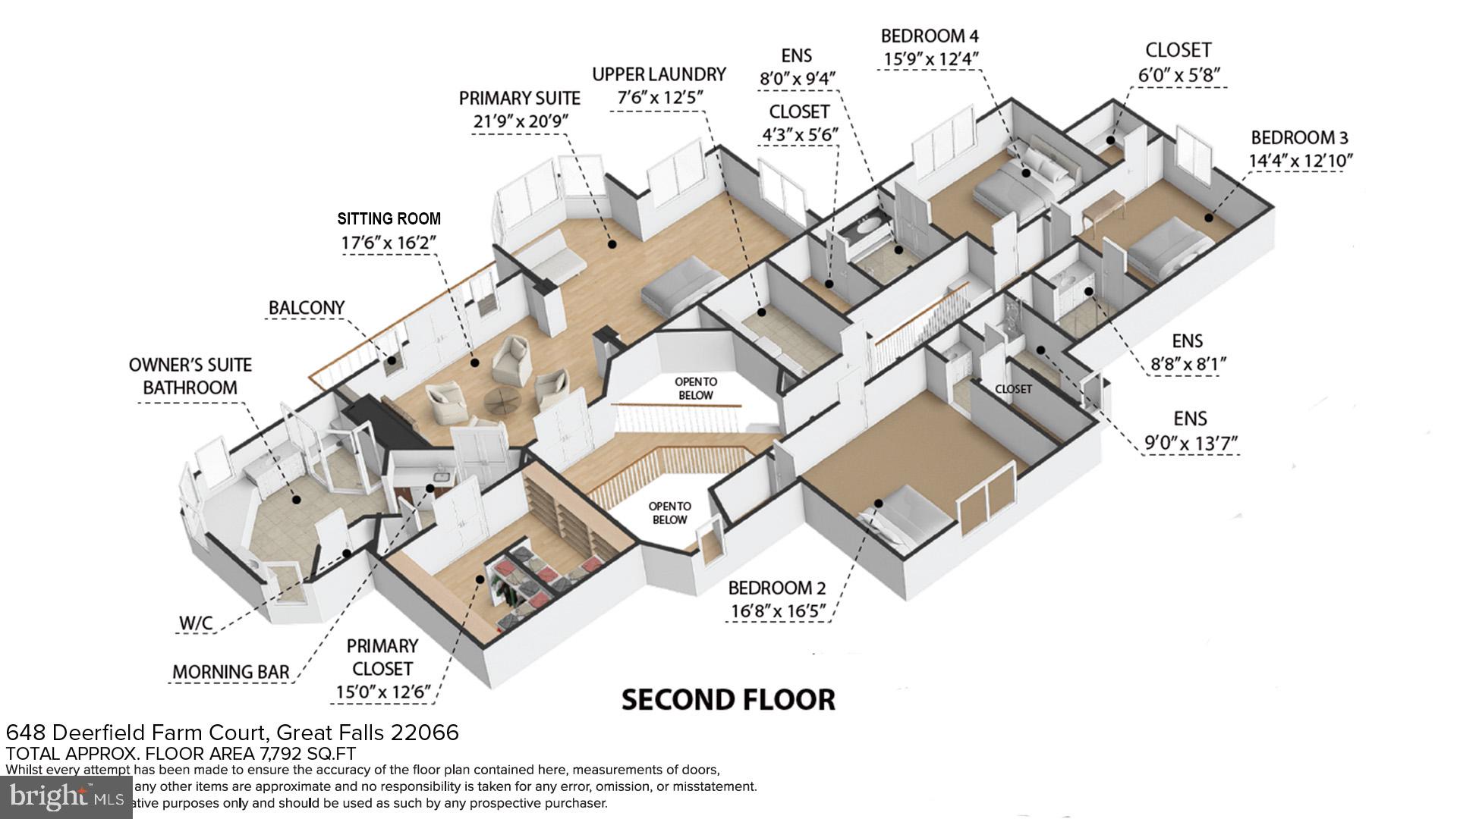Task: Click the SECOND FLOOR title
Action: point(728,699)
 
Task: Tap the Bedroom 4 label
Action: point(930,36)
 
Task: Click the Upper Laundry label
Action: point(659,74)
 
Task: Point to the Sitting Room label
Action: point(389,219)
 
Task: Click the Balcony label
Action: point(307,308)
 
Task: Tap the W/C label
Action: point(196,623)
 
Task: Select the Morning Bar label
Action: point(231,672)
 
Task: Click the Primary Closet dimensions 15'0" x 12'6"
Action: point(382,692)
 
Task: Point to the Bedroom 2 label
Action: point(776,588)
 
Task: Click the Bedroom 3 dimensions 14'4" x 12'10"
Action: point(1300,161)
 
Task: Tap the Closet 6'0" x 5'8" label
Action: point(1178,50)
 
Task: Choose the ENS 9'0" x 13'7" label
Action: point(1190,419)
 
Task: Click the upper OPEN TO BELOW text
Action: point(695,388)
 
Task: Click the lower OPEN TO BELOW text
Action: point(669,513)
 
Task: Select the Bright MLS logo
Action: point(66,797)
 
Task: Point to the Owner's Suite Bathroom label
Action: point(190,376)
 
